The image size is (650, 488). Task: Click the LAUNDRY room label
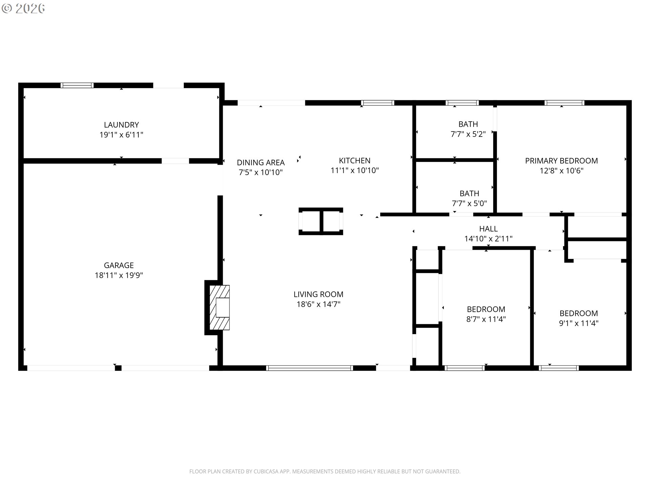click(x=121, y=125)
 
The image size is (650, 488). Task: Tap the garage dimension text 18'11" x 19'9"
click(x=119, y=275)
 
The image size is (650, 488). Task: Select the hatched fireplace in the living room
click(x=219, y=307)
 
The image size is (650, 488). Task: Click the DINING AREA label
click(x=261, y=162)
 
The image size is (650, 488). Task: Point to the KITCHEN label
click(x=354, y=160)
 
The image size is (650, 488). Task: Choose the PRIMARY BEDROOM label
click(x=561, y=161)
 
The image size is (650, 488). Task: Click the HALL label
click(x=488, y=229)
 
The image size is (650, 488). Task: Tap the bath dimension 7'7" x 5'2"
click(x=468, y=134)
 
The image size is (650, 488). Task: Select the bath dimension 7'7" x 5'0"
click(x=469, y=203)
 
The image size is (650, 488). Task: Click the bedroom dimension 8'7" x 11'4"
click(x=486, y=319)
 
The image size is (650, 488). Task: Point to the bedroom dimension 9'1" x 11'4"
click(x=579, y=323)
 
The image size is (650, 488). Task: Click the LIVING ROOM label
click(x=318, y=294)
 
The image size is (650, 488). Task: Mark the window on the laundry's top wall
click(x=77, y=85)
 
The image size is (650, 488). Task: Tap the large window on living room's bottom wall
click(x=309, y=368)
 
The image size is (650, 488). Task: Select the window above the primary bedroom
click(x=564, y=103)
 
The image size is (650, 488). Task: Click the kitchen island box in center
click(x=321, y=221)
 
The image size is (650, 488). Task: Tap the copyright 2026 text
click(x=23, y=8)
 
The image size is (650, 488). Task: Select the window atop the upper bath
click(x=462, y=103)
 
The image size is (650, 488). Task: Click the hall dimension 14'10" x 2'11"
click(x=488, y=239)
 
